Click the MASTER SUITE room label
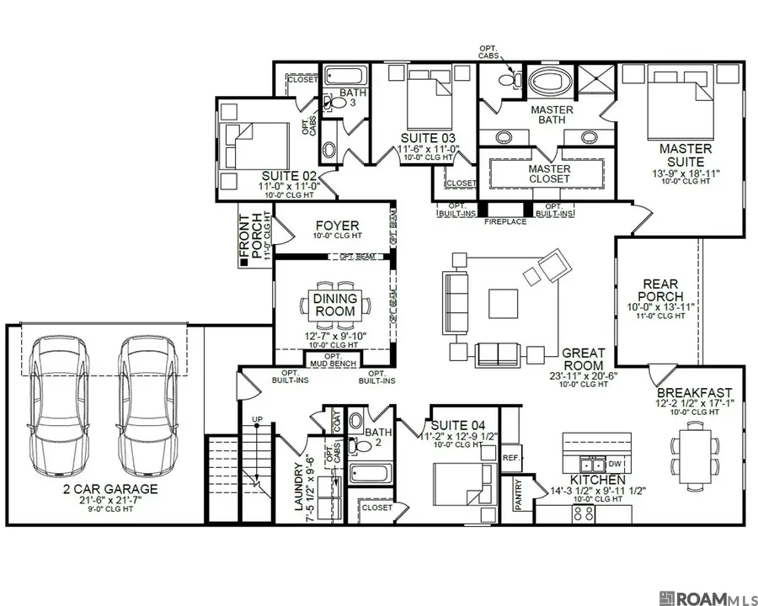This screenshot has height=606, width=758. [685, 156]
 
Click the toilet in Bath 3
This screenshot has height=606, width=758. [338, 103]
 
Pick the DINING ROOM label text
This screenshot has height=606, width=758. [335, 305]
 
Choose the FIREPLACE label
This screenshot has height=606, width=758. [505, 221]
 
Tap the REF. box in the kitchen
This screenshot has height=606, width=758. [510, 458]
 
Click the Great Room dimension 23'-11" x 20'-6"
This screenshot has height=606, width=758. [582, 375]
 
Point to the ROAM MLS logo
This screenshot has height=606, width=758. [707, 598]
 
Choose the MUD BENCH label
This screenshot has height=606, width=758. [335, 364]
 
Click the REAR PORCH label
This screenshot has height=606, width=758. [661, 290]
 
